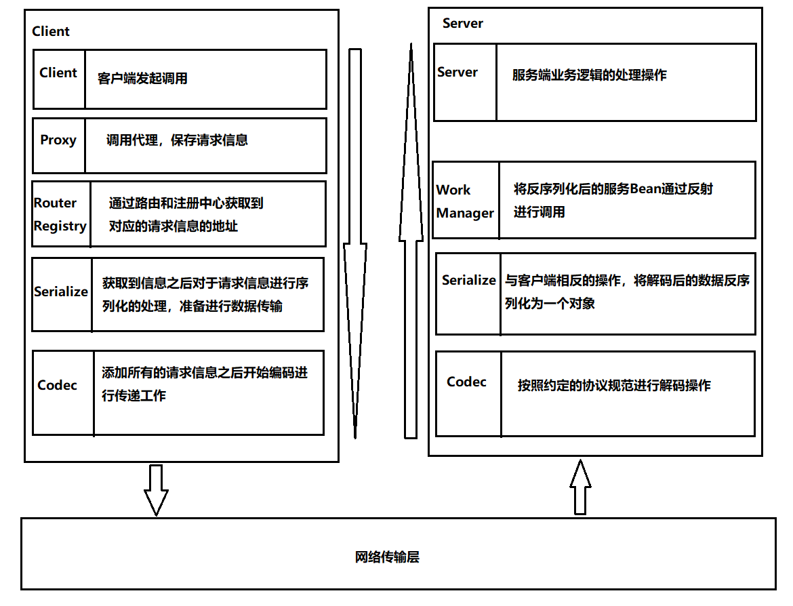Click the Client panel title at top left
point(51,31)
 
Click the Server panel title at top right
point(462,23)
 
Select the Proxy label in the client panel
point(58,140)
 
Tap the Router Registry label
point(60,214)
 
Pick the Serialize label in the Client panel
point(61,291)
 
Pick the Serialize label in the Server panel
point(468,280)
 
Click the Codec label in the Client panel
point(58,385)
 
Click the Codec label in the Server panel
point(466,382)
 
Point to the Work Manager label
point(465,201)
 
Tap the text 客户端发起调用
point(142,79)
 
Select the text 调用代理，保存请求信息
point(177,140)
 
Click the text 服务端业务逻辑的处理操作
point(589,75)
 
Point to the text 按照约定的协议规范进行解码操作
point(614,385)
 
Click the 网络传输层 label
point(387,557)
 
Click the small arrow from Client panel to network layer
point(156,489)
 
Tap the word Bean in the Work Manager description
point(645,189)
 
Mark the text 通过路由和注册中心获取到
point(186,203)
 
